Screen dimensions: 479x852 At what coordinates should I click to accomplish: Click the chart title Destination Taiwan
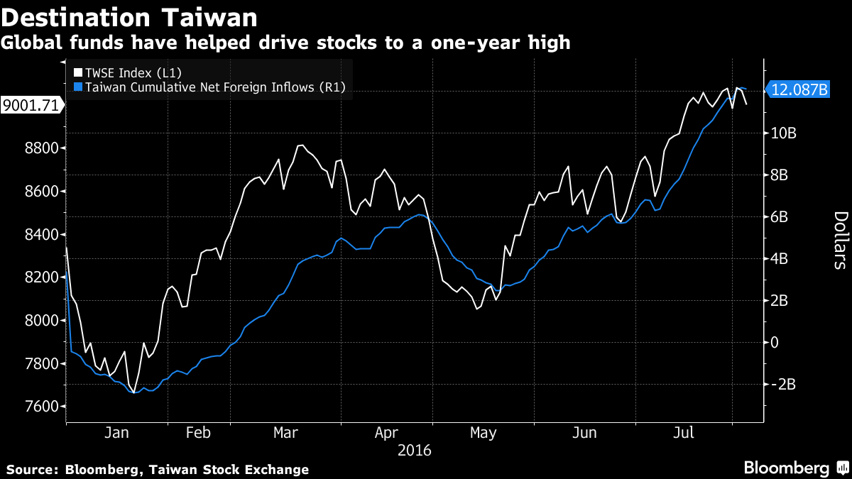(x=129, y=16)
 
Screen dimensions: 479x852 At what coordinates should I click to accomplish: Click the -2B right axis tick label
(x=785, y=385)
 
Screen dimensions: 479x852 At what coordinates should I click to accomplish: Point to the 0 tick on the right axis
(x=775, y=343)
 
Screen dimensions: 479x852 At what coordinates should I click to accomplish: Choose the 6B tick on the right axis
(x=781, y=217)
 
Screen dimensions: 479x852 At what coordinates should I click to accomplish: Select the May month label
(x=483, y=432)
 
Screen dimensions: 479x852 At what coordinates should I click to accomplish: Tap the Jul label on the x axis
(x=683, y=432)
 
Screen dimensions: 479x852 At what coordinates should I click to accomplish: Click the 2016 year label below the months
(x=415, y=451)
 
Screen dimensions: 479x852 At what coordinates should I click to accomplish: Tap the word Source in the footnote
(x=32, y=470)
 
